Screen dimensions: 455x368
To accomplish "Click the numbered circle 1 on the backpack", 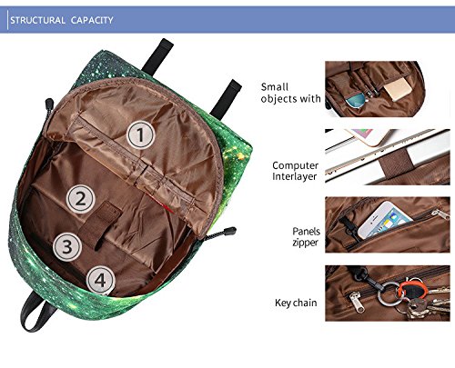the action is tap(140, 134).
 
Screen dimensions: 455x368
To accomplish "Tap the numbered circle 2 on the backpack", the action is tap(81, 199).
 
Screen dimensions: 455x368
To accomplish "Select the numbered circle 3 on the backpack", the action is tap(67, 247).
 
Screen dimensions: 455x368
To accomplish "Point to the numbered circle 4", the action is tap(100, 280).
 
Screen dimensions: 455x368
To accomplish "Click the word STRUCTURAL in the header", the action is tap(38, 20).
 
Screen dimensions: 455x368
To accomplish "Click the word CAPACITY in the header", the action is tap(92, 20).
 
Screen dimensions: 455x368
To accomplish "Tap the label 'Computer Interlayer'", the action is tap(295, 171).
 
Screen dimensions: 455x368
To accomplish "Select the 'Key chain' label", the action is tap(296, 303).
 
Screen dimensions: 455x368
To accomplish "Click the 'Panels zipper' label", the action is tap(306, 236).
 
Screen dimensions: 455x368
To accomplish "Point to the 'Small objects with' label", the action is tap(290, 93).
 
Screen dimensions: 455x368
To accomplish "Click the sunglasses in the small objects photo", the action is tap(357, 100).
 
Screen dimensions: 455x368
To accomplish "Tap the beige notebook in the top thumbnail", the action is tap(398, 87).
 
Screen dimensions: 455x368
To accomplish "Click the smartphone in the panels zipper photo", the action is tap(384, 220).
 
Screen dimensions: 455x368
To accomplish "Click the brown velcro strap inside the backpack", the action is tap(100, 224).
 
